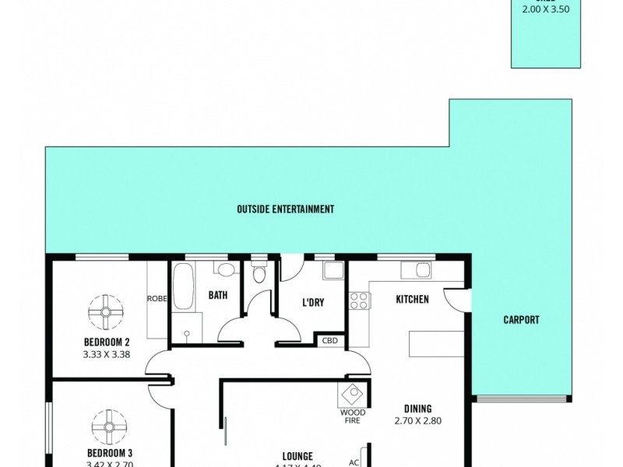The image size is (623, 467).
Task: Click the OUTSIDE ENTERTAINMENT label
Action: (x=285, y=209)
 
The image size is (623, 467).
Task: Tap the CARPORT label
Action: (x=521, y=320)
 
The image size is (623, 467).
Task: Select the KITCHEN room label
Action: (x=412, y=300)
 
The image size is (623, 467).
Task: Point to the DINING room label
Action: (x=417, y=409)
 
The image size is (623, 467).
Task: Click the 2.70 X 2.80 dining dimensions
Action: (x=417, y=421)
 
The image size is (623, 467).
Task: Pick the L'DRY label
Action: (x=312, y=303)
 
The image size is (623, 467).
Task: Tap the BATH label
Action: (x=216, y=296)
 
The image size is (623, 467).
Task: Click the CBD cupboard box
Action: (x=329, y=340)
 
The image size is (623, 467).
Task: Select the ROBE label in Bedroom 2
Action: (x=158, y=298)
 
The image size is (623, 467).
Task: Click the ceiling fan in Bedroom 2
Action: (x=104, y=312)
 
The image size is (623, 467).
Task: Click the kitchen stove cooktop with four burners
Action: (x=359, y=300)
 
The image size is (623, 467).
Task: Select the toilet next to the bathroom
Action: (x=260, y=274)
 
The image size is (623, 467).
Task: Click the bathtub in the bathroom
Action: (x=183, y=286)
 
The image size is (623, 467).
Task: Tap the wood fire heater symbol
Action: (x=352, y=394)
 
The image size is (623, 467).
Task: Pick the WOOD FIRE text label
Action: (x=352, y=417)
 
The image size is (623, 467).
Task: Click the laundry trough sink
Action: (x=333, y=271)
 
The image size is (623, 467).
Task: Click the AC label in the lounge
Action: (x=354, y=462)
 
